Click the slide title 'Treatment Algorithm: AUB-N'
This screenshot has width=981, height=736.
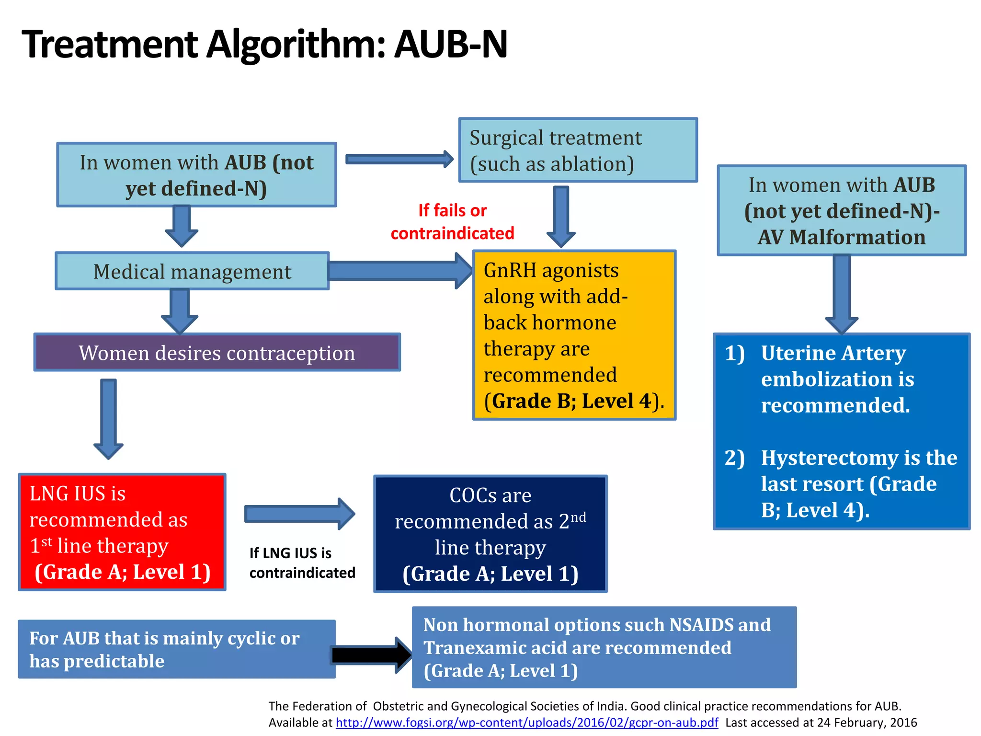coord(264,44)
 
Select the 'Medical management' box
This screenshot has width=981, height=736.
coord(192,272)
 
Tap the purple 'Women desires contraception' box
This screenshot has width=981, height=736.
coord(217,353)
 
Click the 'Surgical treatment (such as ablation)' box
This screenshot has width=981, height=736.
coord(578,150)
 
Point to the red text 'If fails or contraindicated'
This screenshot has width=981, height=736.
coord(452,222)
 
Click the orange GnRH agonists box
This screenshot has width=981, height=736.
coord(574,335)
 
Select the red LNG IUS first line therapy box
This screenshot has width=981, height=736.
coord(122,532)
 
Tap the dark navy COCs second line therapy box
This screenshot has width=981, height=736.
coord(490,534)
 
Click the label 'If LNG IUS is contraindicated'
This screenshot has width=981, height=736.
coord(302,563)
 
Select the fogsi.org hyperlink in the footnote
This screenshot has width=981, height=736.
coord(527,723)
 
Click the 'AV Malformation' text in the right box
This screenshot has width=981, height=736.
coord(841,237)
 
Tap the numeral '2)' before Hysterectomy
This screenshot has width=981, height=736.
coord(734,458)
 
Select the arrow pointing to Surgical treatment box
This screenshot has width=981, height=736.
coord(399,159)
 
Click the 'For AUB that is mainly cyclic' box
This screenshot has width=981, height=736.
coord(177,649)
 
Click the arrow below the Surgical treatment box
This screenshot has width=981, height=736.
coord(561,216)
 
